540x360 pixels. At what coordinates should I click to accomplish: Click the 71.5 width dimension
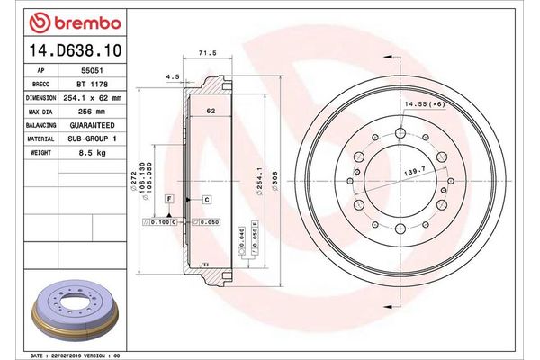tap(208, 54)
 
